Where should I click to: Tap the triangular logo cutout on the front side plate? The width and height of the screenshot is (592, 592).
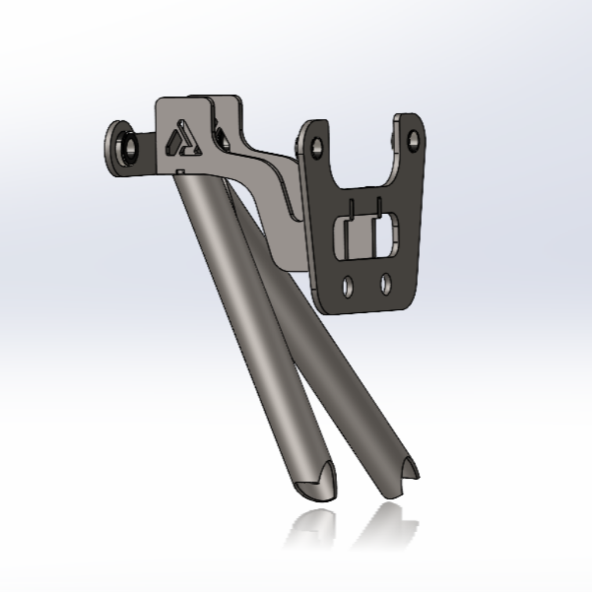click(x=182, y=141)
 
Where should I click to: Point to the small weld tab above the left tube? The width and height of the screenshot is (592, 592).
click(x=181, y=171)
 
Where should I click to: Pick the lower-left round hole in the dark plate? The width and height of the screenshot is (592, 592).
click(x=348, y=286)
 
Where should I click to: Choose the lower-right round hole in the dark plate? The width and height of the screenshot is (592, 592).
click(x=385, y=284)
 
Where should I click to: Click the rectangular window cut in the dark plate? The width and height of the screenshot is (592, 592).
click(x=366, y=237)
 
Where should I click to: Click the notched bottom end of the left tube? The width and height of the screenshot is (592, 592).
click(x=316, y=485)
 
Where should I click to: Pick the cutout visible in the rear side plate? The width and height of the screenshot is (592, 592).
click(x=221, y=136)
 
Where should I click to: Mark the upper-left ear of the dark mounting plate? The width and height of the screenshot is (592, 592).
click(x=313, y=136)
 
